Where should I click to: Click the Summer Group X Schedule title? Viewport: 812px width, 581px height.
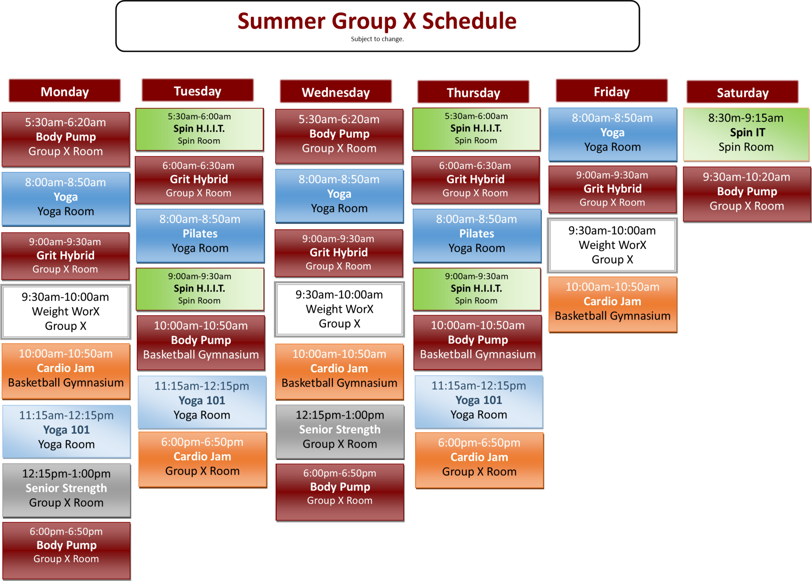pyautogui.click(x=377, y=21)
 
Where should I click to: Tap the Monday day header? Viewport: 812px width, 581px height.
pyautogui.click(x=65, y=91)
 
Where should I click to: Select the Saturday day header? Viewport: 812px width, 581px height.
pyautogui.click(x=742, y=92)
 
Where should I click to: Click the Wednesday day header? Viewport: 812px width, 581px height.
pyautogui.click(x=335, y=92)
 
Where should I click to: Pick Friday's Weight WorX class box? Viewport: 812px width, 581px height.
pyautogui.click(x=612, y=245)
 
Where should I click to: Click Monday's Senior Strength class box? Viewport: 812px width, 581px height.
pyautogui.click(x=66, y=489)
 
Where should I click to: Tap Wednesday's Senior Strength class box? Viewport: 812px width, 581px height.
pyautogui.click(x=340, y=430)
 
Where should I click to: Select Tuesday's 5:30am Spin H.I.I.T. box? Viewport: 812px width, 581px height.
pyautogui.click(x=199, y=129)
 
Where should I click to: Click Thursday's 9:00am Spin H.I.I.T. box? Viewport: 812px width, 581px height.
pyautogui.click(x=476, y=289)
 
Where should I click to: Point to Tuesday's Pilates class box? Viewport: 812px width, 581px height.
pyautogui.click(x=200, y=234)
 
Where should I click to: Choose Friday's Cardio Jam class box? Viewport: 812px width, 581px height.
pyautogui.click(x=612, y=302)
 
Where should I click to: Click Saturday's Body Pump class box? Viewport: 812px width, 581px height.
pyautogui.click(x=747, y=192)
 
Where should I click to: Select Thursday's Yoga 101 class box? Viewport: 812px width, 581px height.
pyautogui.click(x=479, y=400)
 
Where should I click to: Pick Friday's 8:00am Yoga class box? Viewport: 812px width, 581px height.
pyautogui.click(x=612, y=133)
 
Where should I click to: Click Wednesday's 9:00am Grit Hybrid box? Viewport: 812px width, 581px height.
pyautogui.click(x=339, y=253)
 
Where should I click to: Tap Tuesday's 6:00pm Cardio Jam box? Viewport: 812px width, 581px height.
pyautogui.click(x=202, y=457)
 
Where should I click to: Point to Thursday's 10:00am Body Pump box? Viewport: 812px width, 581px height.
pyautogui.click(x=478, y=341)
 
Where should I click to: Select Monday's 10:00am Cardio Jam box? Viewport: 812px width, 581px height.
pyautogui.click(x=66, y=369)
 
